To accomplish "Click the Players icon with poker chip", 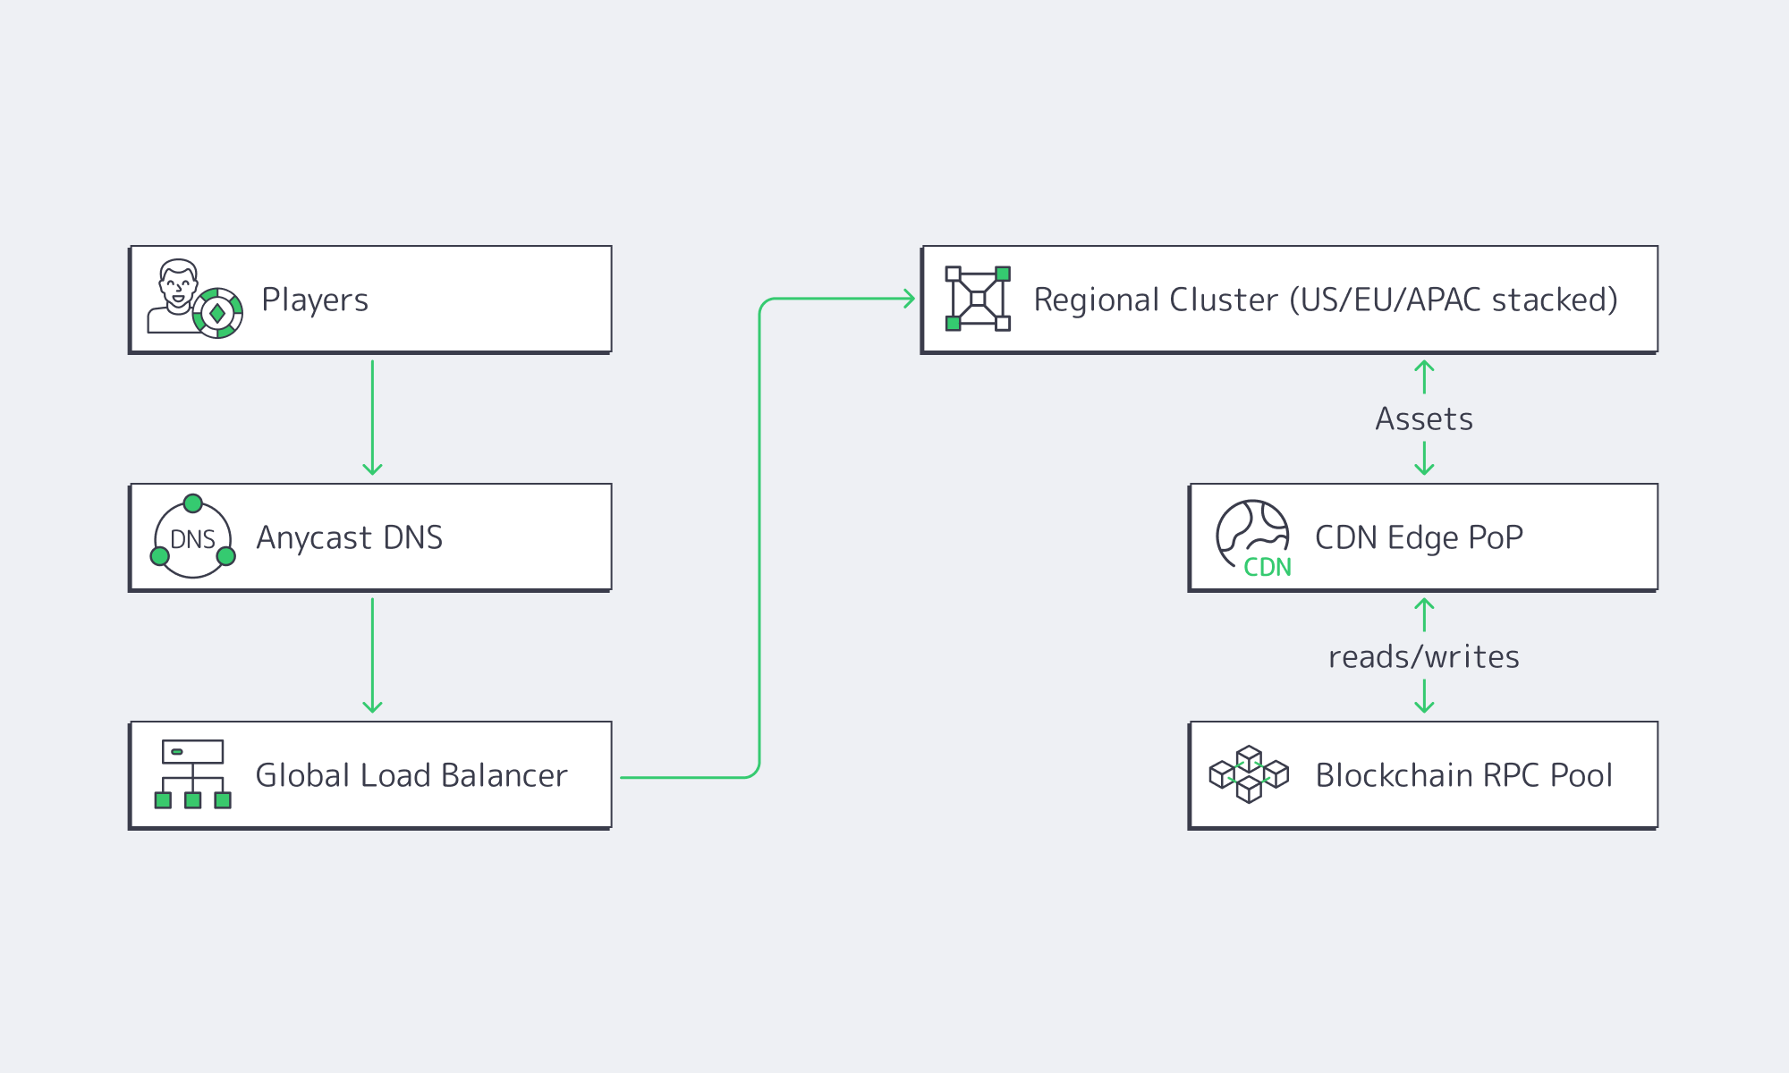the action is coord(194,300).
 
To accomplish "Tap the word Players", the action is coord(315,300).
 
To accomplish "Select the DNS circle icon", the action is coord(193,538).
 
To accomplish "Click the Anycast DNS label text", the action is coord(349,537).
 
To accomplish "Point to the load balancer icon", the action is coord(193,774).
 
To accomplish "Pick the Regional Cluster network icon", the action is coord(978,299).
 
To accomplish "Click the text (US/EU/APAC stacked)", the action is coord(1453,300).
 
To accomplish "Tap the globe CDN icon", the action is coord(1252,536).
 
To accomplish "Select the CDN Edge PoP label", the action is coord(1419,537).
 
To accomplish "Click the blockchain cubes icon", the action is coord(1249,774).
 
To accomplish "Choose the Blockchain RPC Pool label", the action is coord(1463,775).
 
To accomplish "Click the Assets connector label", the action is coord(1424,418).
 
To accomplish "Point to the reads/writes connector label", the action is coord(1424,656).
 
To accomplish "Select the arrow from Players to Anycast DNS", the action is coord(372,417).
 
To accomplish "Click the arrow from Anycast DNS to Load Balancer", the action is coord(372,655).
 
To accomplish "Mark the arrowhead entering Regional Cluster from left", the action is coord(909,299).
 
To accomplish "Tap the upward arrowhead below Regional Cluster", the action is coord(1424,365).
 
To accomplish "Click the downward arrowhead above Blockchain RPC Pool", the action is coord(1424,706).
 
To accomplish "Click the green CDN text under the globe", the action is coord(1268,567).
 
